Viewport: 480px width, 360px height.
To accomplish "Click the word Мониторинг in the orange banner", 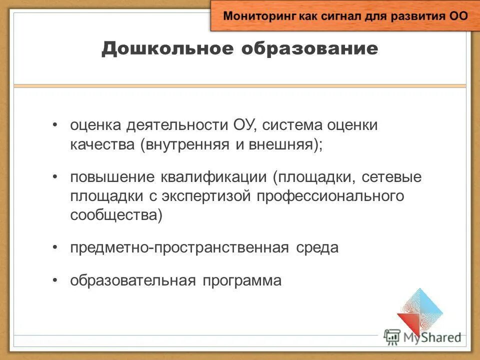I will point(259,15).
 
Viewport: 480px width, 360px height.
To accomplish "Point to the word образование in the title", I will point(310,49).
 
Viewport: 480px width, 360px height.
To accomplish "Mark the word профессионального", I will point(330,196).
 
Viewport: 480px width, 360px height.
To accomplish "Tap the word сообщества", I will point(115,215).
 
